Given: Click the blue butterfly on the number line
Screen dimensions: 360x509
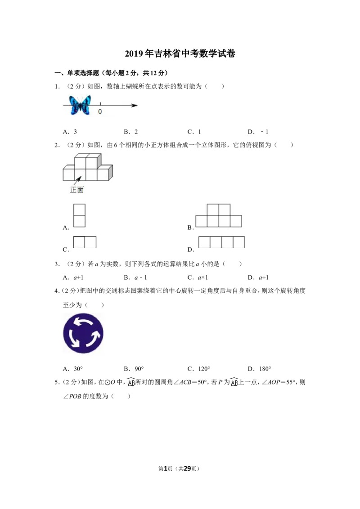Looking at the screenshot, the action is coord(80,105).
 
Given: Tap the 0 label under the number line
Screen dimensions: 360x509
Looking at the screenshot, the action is coord(100,112).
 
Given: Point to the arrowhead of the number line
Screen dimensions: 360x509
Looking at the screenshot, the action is coord(135,105).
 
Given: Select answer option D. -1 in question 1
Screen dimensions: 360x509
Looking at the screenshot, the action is coord(258,132).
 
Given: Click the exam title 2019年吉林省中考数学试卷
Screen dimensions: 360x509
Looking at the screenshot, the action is coord(180,54).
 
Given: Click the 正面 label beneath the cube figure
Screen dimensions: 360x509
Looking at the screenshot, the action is coord(76,190).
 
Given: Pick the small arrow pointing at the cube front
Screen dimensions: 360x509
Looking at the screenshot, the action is coord(78,180).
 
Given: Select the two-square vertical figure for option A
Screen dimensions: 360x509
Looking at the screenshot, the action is coord(79,215).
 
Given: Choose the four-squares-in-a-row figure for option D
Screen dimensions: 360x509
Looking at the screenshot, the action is coord(221,242).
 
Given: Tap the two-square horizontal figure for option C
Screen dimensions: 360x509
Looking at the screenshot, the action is coord(85,242).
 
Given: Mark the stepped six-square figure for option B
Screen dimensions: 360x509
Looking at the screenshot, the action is coord(219,215).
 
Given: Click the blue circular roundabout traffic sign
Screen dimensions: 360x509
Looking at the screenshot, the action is coord(83,333).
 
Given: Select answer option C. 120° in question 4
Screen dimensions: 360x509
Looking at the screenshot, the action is coord(199,369).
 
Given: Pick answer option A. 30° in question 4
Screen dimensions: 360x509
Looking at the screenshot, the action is coord(73,369).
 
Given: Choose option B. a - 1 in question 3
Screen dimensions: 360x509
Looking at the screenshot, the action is coord(135,277).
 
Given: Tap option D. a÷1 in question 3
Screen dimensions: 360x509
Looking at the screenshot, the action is coord(258,277).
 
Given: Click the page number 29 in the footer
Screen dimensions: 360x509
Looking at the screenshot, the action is coord(188,469).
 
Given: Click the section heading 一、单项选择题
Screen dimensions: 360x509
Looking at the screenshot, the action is coord(76,73).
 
